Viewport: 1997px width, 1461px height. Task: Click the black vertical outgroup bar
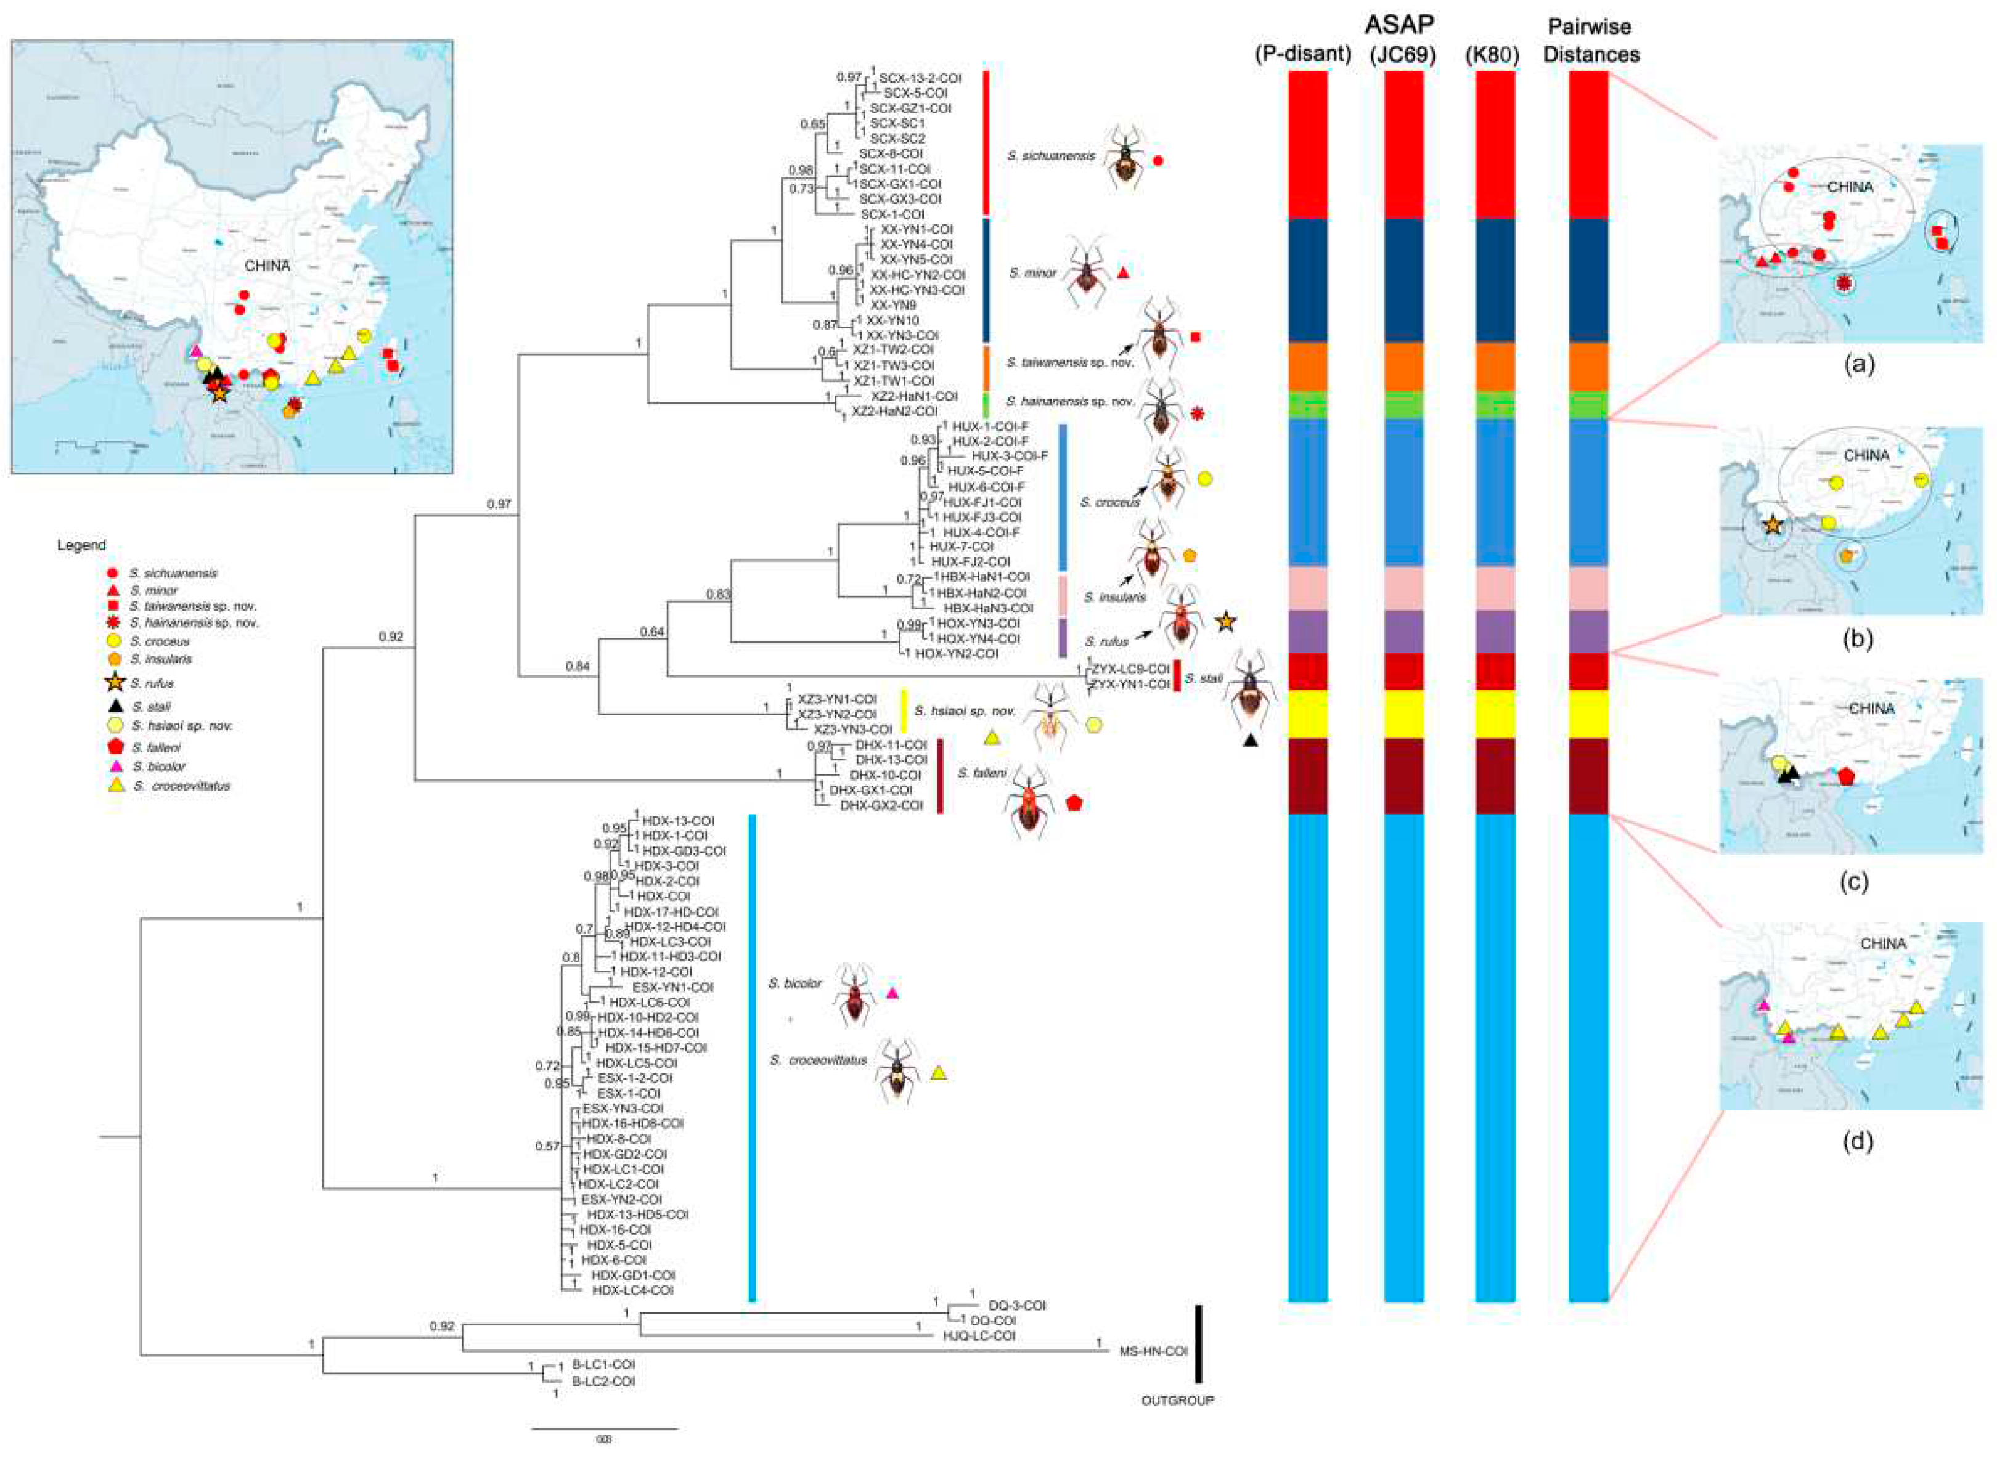point(1198,1356)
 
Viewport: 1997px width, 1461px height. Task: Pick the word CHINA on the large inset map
point(266,266)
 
